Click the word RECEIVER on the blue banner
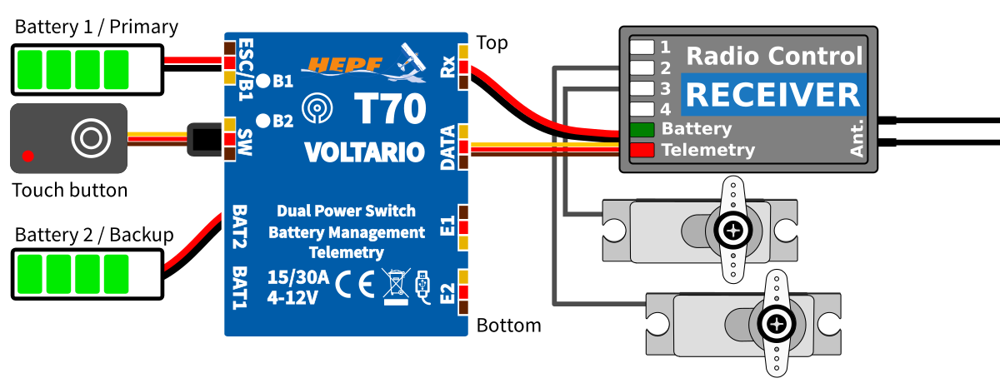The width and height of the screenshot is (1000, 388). pyautogui.click(x=772, y=95)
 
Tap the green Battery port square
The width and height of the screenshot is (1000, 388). pyautogui.click(x=642, y=129)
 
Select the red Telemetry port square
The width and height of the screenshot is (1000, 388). pyautogui.click(x=642, y=150)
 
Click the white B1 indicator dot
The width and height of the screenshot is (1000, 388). pyautogui.click(x=262, y=81)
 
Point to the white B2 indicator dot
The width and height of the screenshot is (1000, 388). pyautogui.click(x=262, y=121)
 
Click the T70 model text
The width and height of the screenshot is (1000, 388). pyautogui.click(x=390, y=110)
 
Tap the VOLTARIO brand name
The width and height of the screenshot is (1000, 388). pyautogui.click(x=364, y=152)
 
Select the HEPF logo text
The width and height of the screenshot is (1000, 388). pyautogui.click(x=342, y=65)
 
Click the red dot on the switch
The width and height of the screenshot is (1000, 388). pyautogui.click(x=28, y=156)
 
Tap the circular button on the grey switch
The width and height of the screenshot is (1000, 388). pyautogui.click(x=90, y=137)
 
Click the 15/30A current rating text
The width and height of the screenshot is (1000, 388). pyautogui.click(x=297, y=277)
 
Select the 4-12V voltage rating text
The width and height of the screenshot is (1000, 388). pyautogui.click(x=292, y=296)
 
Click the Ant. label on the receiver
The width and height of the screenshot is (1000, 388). pyautogui.click(x=857, y=137)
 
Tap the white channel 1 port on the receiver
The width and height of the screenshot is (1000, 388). pyautogui.click(x=642, y=47)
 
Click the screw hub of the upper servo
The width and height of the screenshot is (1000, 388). pyautogui.click(x=733, y=229)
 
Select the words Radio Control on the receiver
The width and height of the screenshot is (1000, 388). pyautogui.click(x=773, y=57)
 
